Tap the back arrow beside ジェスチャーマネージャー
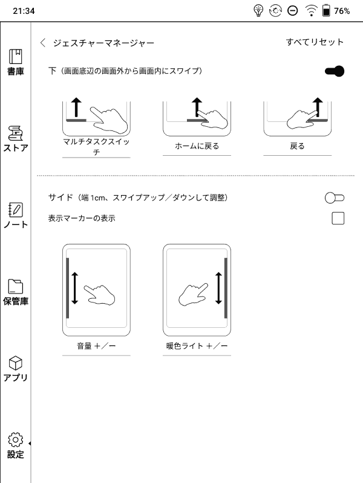tap(42, 43)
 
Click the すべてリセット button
tap(315, 42)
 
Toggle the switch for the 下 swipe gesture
tap(335, 71)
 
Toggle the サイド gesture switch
tap(335, 197)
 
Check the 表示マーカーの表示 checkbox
tap(338, 218)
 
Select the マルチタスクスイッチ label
tap(96, 147)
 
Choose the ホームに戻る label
tap(197, 146)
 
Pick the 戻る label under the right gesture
tap(297, 146)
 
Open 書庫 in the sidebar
tap(16, 63)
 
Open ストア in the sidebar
tap(16, 139)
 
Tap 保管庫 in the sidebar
tap(16, 292)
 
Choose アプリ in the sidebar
tap(16, 368)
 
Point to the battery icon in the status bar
tap(326, 11)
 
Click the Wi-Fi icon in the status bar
tap(311, 11)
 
